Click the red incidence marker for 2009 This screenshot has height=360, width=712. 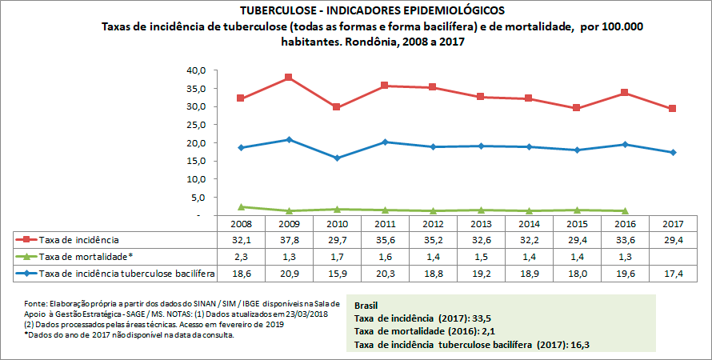click(x=289, y=78)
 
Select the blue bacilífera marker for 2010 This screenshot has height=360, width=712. click(x=337, y=158)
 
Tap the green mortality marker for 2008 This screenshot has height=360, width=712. click(x=241, y=207)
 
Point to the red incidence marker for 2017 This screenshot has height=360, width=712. click(x=673, y=108)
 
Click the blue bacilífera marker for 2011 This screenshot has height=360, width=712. click(x=385, y=142)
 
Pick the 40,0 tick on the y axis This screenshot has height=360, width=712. click(x=196, y=70)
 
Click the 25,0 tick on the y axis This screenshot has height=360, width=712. click(x=196, y=125)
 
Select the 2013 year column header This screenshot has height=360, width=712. click(x=481, y=223)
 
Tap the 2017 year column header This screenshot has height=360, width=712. click(x=673, y=223)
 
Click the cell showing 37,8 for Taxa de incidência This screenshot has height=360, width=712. click(x=289, y=240)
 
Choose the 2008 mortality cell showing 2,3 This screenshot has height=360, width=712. click(x=241, y=257)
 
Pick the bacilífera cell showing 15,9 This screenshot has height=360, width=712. click(x=337, y=274)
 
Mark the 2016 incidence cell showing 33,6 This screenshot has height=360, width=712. click(x=625, y=240)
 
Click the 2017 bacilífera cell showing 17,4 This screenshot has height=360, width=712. click(x=673, y=274)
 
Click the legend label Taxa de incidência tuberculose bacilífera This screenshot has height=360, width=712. click(x=126, y=274)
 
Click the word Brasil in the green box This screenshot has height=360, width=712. click(x=367, y=306)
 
